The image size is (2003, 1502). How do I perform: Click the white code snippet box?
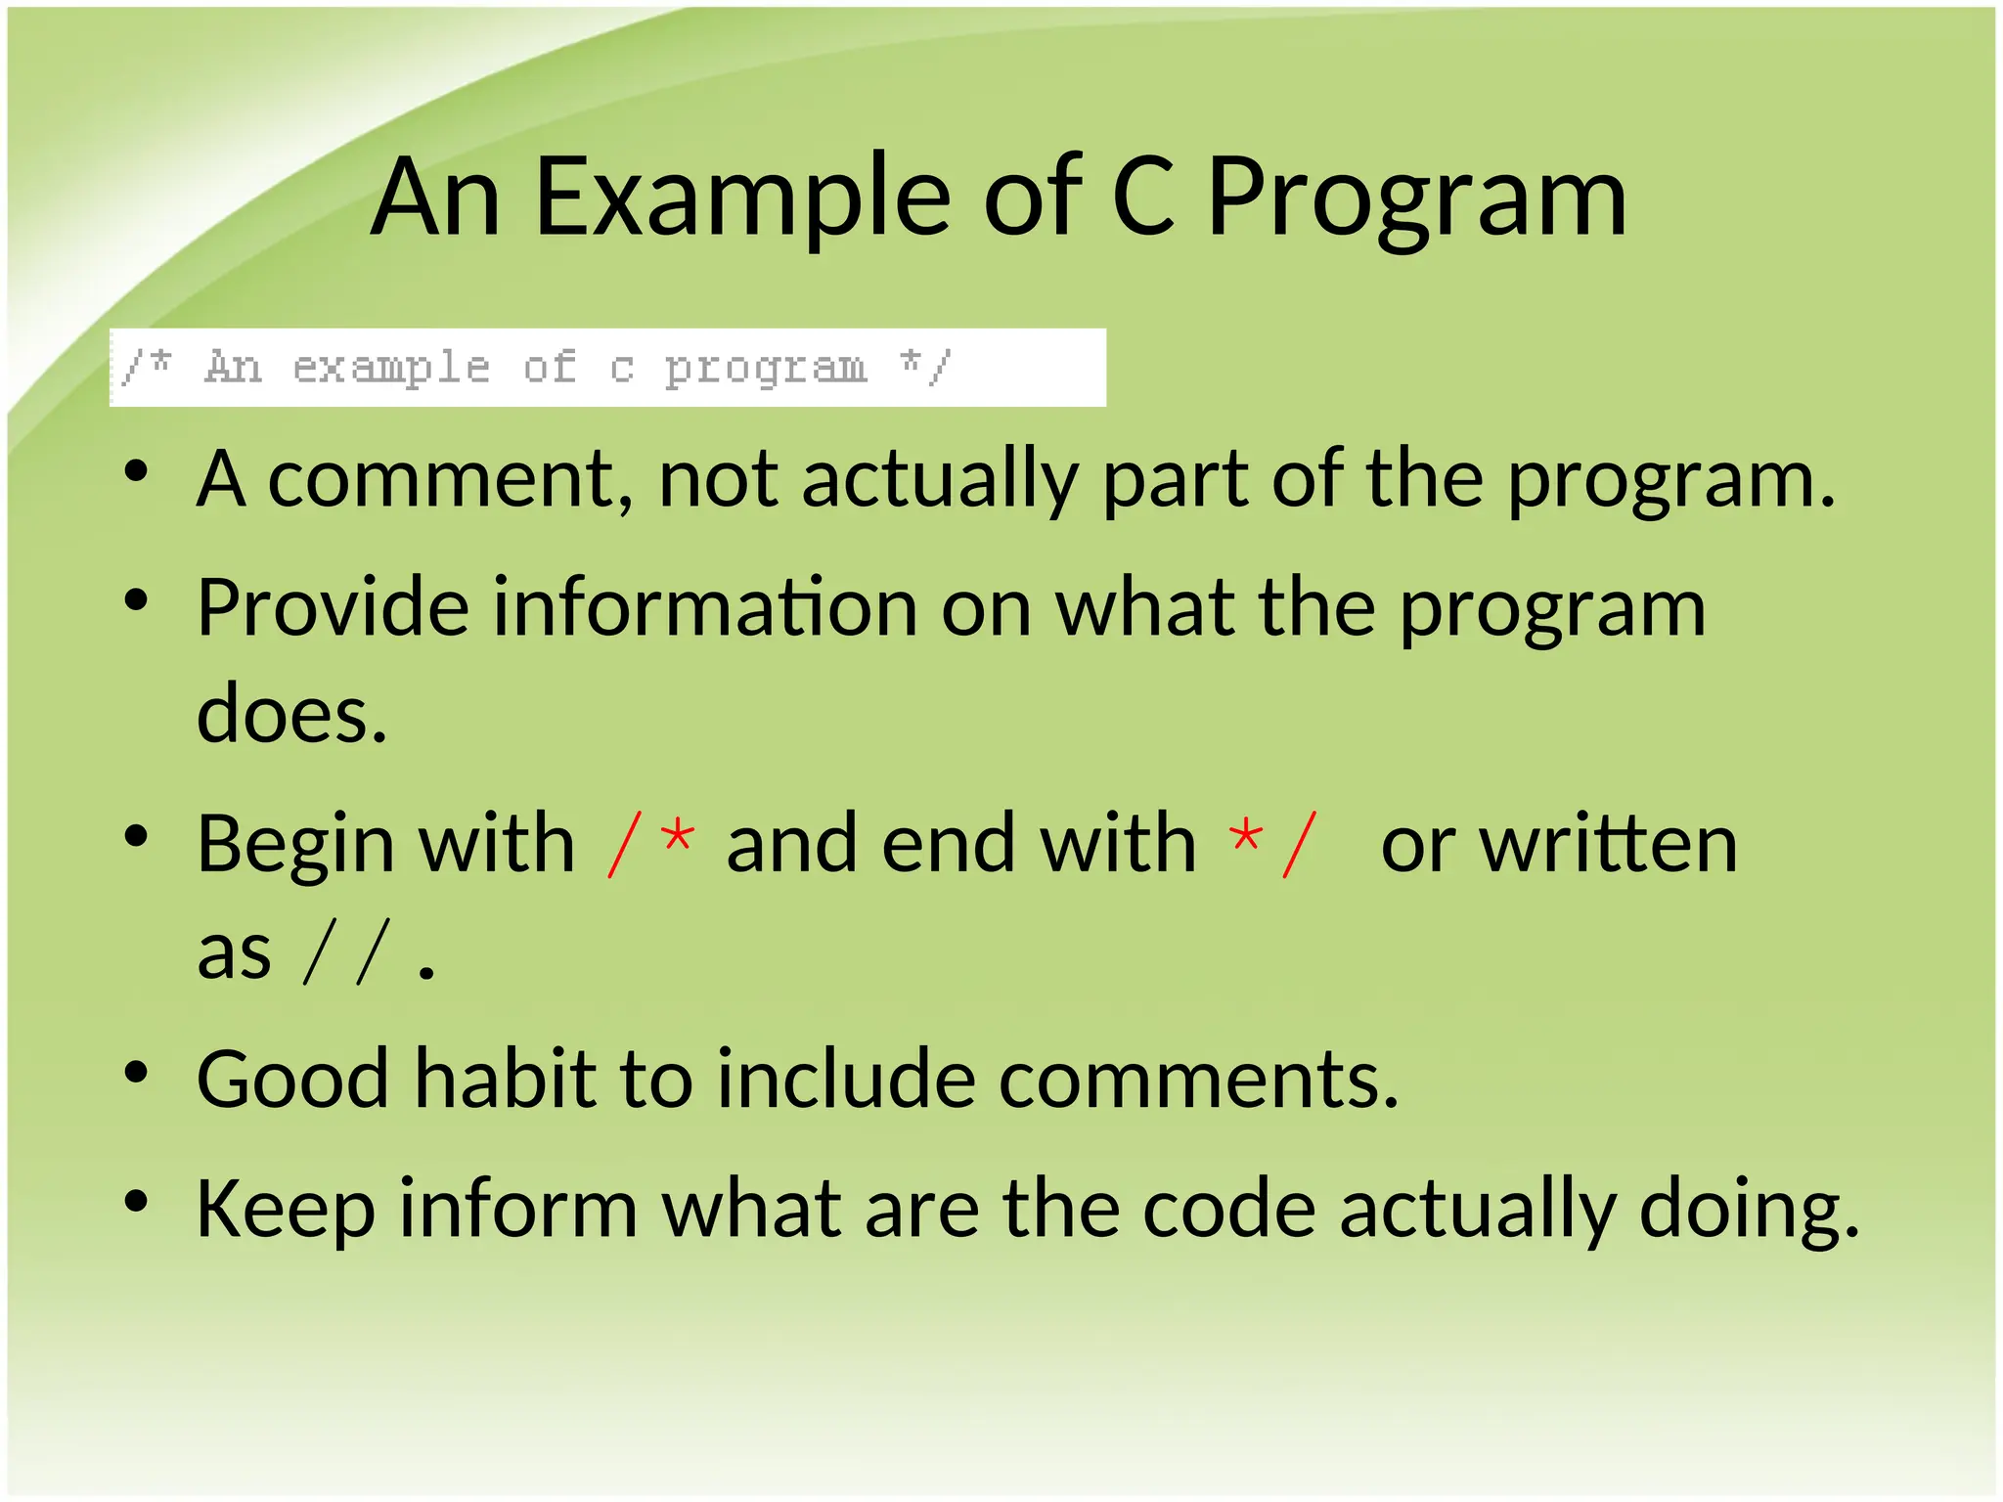coord(606,368)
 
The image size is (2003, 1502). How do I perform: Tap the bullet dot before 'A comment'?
coord(136,471)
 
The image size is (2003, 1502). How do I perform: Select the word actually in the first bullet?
coord(939,482)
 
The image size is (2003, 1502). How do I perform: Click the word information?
coord(704,608)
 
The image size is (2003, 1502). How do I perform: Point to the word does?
coord(291,715)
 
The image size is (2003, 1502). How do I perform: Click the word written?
coord(1608,845)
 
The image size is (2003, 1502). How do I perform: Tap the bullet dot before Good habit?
coord(136,1073)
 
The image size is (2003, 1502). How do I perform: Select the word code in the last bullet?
coord(1228,1210)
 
